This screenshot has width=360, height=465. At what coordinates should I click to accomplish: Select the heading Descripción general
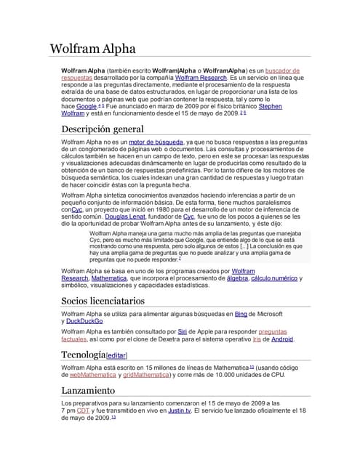(102, 129)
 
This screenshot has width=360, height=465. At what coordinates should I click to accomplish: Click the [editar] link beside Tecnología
(116, 355)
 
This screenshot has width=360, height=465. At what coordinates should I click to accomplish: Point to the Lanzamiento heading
(88, 390)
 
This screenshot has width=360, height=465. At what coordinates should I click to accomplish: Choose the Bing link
(241, 313)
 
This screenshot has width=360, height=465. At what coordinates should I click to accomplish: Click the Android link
(282, 339)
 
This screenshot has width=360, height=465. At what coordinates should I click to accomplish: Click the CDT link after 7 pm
(84, 411)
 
